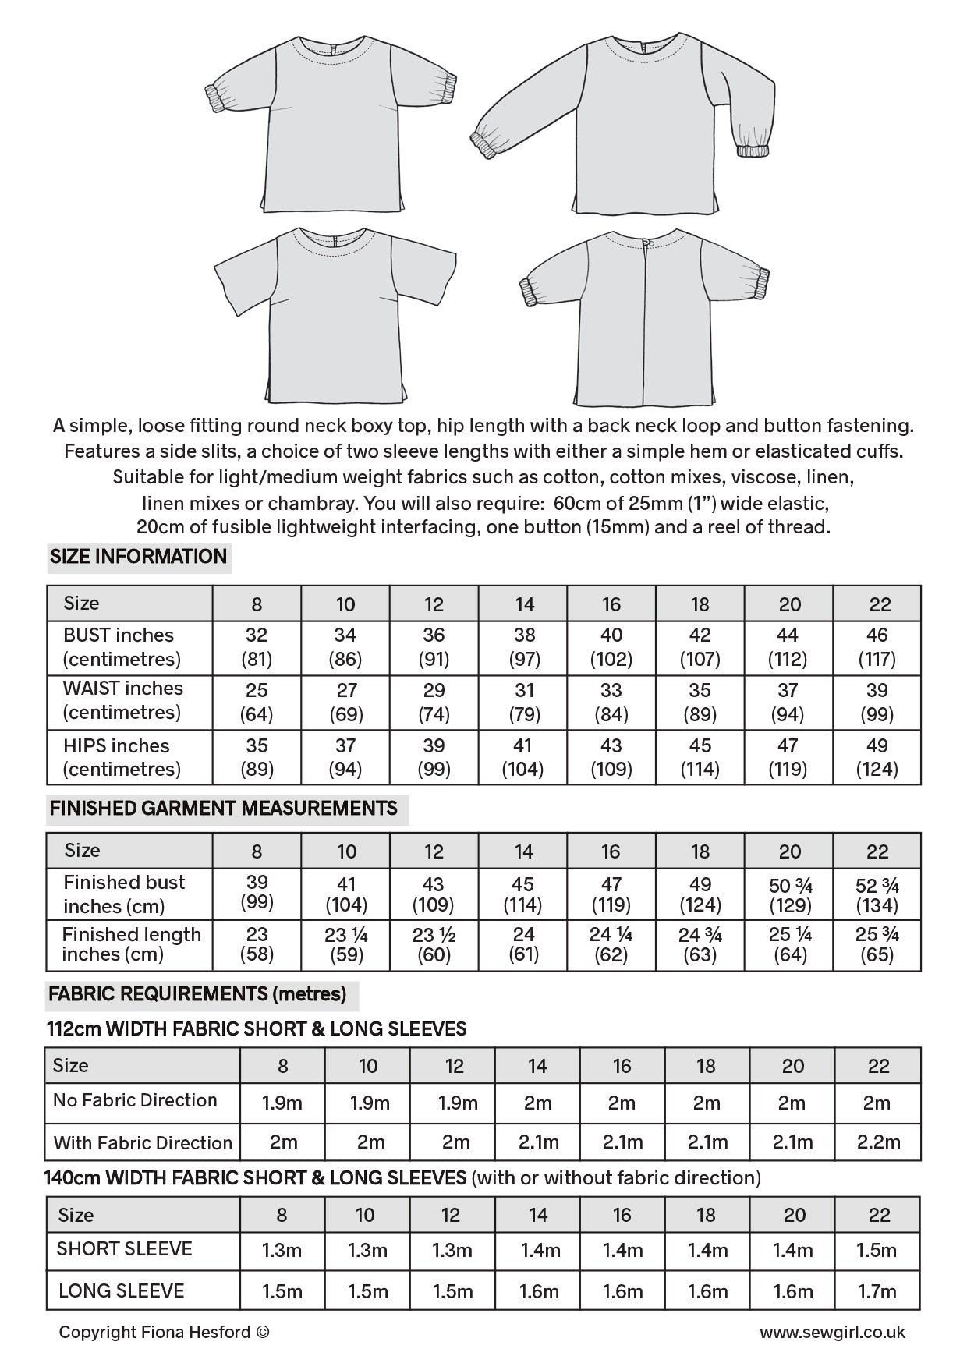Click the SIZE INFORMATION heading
pos(138,557)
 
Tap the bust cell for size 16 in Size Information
pos(611,647)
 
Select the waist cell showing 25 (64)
pos(257,702)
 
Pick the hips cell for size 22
pos(877,757)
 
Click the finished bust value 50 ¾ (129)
pos(790,894)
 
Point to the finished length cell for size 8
pos(257,943)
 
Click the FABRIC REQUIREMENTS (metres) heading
pos(197,994)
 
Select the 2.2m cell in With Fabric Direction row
pos(877,1142)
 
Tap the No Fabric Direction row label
pos(135,1100)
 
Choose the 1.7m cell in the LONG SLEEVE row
pos(877,1291)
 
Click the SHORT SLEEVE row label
pos(124,1248)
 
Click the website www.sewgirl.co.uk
pos(832,1333)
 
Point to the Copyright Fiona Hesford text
pos(164,1333)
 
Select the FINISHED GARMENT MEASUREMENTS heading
pos(224,809)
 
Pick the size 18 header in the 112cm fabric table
pos(705,1066)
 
